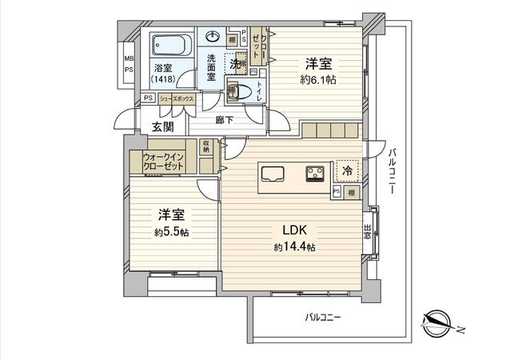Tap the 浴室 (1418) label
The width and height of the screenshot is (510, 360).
coord(165,74)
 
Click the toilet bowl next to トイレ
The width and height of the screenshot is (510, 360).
coord(234,90)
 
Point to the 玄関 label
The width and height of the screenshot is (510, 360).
coord(163,127)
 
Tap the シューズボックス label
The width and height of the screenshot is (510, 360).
coord(175,98)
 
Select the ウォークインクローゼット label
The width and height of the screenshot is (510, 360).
coord(164,161)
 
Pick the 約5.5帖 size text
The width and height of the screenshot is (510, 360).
coord(172,231)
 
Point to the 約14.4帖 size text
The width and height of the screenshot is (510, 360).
coord(294,247)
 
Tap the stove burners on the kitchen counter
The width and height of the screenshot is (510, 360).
coord(313,172)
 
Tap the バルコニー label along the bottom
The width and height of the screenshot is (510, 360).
coord(323,318)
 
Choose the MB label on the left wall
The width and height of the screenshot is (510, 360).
coord(128,59)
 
